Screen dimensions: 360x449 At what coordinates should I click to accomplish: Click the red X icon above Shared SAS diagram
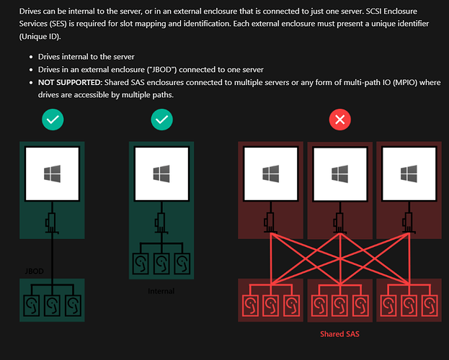tap(339, 120)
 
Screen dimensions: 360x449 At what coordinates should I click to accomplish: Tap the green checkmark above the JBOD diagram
tap(53, 120)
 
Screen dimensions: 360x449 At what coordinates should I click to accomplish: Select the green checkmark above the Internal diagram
tap(162, 120)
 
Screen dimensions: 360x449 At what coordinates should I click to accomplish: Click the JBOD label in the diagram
tap(33, 271)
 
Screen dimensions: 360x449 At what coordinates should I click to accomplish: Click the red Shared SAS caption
tap(339, 335)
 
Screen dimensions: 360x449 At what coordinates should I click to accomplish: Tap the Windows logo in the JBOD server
tap(53, 174)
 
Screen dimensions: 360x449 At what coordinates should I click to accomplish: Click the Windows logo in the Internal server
tap(162, 174)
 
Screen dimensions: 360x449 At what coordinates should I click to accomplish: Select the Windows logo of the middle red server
tap(339, 174)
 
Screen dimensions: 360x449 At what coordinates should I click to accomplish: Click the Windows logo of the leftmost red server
tap(271, 174)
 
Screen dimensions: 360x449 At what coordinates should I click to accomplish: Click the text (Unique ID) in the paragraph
tap(42, 36)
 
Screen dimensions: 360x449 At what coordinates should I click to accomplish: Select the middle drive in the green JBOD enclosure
tap(53, 304)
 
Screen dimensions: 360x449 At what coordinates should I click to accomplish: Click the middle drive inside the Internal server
tap(162, 264)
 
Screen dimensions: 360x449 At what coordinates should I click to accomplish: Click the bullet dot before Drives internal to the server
tap(22, 56)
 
